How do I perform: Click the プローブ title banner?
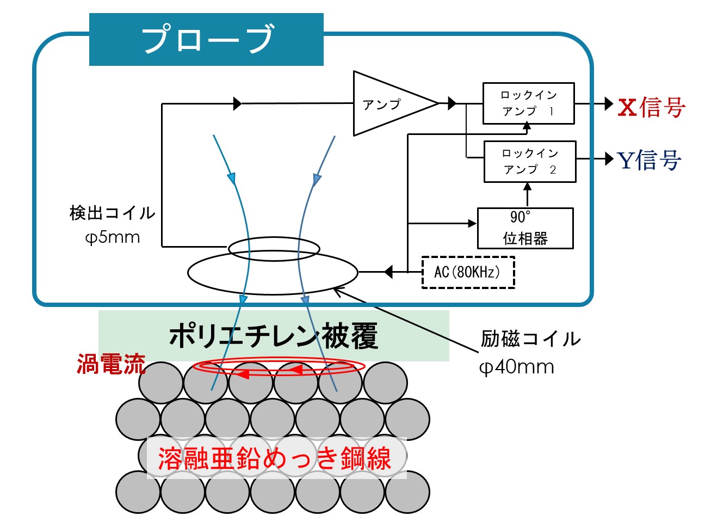click(206, 39)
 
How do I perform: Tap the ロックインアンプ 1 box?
click(528, 103)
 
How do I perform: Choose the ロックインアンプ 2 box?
click(529, 162)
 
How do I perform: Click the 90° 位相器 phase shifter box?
click(525, 228)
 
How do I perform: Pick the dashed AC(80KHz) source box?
click(468, 272)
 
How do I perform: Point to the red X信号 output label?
click(651, 107)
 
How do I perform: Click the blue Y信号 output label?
click(649, 160)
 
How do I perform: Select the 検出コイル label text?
click(112, 213)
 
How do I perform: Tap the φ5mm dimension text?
click(113, 238)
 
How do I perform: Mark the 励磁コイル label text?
click(530, 339)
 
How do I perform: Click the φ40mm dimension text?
click(516, 367)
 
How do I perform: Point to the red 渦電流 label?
click(111, 364)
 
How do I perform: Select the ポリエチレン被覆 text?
click(274, 335)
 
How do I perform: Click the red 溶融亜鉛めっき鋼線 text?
click(275, 458)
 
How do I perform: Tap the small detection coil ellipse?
click(274, 249)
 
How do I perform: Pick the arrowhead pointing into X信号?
click(609, 103)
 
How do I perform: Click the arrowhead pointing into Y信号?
click(609, 159)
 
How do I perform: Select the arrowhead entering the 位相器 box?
click(472, 223)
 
